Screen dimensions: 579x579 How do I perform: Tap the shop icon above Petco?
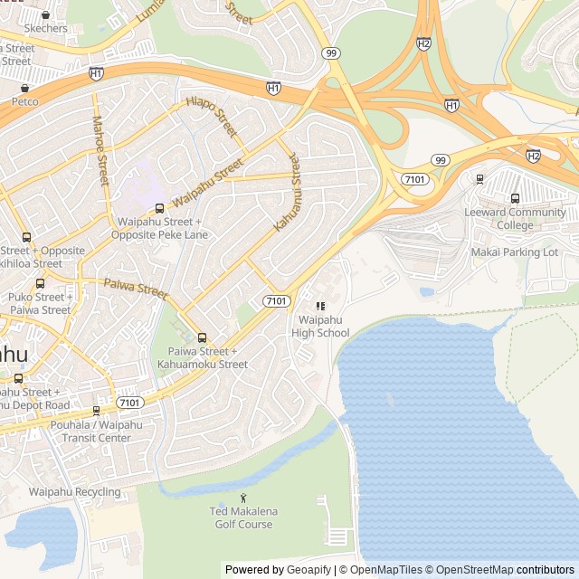24,89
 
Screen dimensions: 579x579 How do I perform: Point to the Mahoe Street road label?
99,150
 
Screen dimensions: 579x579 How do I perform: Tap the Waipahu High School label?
320,327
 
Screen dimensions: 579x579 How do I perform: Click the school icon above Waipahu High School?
320,307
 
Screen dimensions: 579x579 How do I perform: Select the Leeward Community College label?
515,219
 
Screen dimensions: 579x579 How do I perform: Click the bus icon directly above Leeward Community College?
515,199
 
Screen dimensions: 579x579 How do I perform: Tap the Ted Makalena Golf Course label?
242,517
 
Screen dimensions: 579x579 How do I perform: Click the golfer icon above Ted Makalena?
242,498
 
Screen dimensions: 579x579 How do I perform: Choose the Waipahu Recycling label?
74,492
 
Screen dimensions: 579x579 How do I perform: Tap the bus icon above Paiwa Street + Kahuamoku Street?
201,338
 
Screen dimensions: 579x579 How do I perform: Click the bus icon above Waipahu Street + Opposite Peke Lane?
159,209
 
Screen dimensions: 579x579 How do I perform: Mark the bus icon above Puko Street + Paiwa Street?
40,283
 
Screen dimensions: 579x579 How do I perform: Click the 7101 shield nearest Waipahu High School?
277,300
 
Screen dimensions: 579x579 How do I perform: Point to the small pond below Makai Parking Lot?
427,292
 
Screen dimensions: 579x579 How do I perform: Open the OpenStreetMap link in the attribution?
469,570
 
